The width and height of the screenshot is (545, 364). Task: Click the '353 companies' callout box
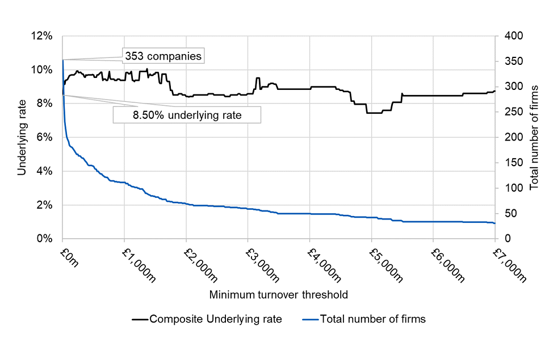point(162,56)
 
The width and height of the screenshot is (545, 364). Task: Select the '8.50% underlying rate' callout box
point(187,115)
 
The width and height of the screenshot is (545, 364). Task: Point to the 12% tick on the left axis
point(44,36)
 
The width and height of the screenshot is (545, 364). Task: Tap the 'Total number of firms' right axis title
point(534,137)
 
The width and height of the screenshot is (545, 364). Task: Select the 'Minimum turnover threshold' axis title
point(278,295)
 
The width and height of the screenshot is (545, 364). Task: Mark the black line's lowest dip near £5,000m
point(375,113)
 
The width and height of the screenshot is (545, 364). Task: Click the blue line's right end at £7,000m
point(494,223)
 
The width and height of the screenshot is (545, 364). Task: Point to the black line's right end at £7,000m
point(494,91)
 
